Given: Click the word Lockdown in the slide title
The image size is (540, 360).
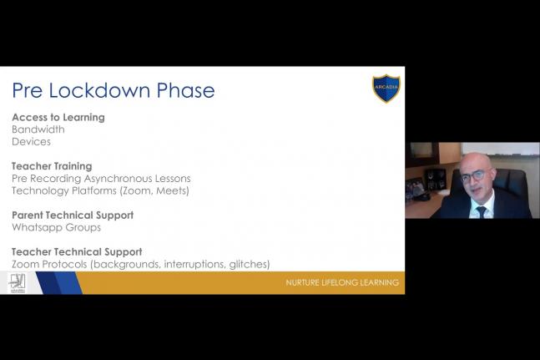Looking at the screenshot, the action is [99, 90].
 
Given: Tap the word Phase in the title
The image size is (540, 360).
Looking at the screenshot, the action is [185, 90].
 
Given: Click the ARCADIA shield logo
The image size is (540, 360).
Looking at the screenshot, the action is [386, 89].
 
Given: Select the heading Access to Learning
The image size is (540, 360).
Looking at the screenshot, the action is [58, 118].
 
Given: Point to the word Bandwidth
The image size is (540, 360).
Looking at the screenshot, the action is [38, 129].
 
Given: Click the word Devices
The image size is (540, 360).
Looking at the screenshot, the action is [32, 142].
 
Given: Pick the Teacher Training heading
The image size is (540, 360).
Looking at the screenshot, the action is [52, 166].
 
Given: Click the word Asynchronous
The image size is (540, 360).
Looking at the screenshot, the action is [119, 179].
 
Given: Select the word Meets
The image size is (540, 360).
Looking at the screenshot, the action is [171, 190].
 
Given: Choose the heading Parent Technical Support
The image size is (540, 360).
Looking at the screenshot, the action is [73, 215].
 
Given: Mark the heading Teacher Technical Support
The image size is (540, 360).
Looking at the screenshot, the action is [77, 251].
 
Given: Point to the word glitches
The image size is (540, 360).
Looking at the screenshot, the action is [250, 264].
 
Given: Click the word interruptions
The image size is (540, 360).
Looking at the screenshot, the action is [194, 264].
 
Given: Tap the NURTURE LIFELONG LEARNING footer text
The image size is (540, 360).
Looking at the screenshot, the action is [342, 283].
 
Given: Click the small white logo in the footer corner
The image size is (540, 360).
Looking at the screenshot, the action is [17, 283].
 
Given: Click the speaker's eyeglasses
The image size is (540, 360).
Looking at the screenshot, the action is [473, 176].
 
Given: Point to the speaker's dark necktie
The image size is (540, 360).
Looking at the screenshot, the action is [481, 211].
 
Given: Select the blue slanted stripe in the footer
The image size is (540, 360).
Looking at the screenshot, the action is [59, 283].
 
